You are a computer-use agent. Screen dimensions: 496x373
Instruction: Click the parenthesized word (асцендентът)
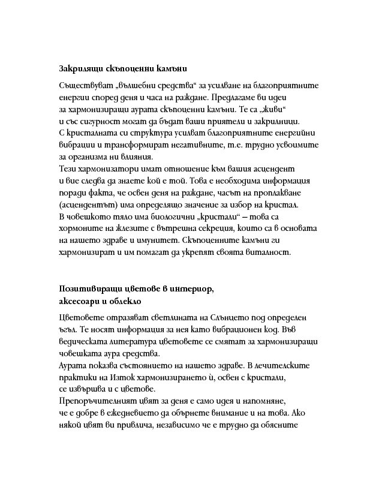point(91,205)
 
